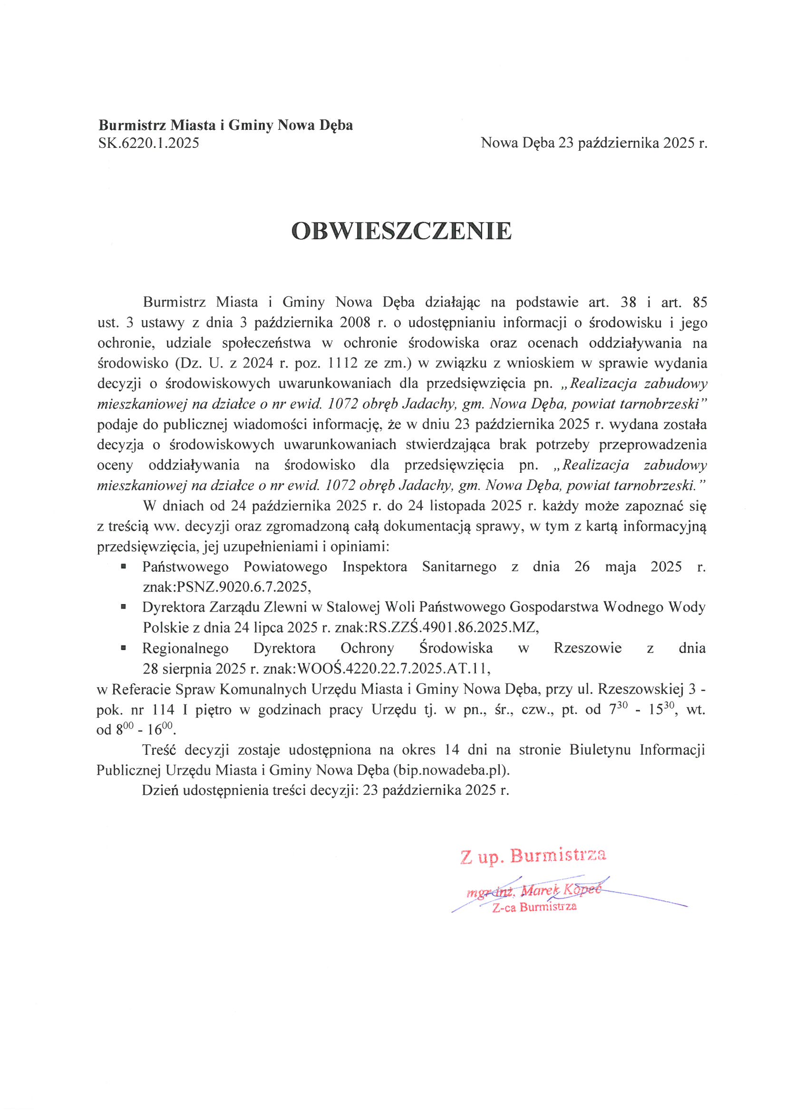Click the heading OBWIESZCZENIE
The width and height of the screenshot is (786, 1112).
[x=401, y=231]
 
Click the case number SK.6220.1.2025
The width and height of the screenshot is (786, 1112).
[x=149, y=143]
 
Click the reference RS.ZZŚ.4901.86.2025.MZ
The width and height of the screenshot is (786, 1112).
[x=453, y=627]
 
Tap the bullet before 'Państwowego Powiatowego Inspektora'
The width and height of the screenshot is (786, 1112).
[x=124, y=566]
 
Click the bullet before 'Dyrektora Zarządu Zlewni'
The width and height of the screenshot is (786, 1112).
[x=124, y=606]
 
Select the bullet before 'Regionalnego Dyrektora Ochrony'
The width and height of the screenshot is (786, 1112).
[x=124, y=647]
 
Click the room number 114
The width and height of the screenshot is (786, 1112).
[x=163, y=710]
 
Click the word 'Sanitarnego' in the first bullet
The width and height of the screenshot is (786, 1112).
[x=459, y=566]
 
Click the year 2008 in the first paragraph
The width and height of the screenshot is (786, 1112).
[x=355, y=322]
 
